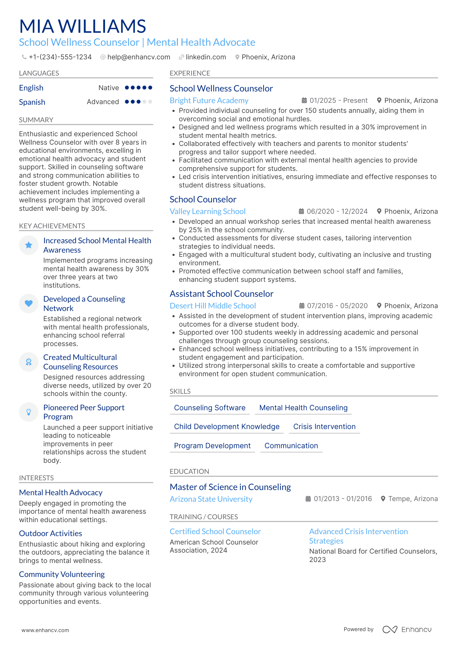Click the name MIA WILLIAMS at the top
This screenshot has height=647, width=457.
[83, 26]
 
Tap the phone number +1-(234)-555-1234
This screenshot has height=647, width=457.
[60, 57]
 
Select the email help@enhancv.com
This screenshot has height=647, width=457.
[138, 57]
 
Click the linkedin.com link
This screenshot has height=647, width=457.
[205, 57]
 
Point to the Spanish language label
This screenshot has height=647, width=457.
[32, 102]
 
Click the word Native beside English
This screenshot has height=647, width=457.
[109, 88]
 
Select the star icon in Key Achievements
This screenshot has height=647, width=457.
[29, 245]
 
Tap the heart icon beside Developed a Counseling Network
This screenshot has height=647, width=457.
[29, 304]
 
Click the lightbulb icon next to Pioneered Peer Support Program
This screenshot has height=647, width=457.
[29, 412]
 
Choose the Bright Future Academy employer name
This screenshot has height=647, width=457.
[209, 101]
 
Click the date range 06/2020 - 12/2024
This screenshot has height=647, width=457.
[337, 211]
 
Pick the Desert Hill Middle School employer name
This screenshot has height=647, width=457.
[213, 306]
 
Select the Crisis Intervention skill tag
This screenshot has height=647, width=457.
[324, 427]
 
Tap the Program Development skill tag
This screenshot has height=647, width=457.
[212, 446]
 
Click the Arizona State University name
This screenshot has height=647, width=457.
[211, 499]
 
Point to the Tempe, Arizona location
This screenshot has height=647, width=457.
[413, 499]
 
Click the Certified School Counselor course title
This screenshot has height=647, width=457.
[215, 532]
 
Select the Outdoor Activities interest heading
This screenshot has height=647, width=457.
[51, 533]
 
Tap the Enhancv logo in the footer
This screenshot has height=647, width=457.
[407, 629]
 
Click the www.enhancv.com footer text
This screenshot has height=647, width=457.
[45, 630]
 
